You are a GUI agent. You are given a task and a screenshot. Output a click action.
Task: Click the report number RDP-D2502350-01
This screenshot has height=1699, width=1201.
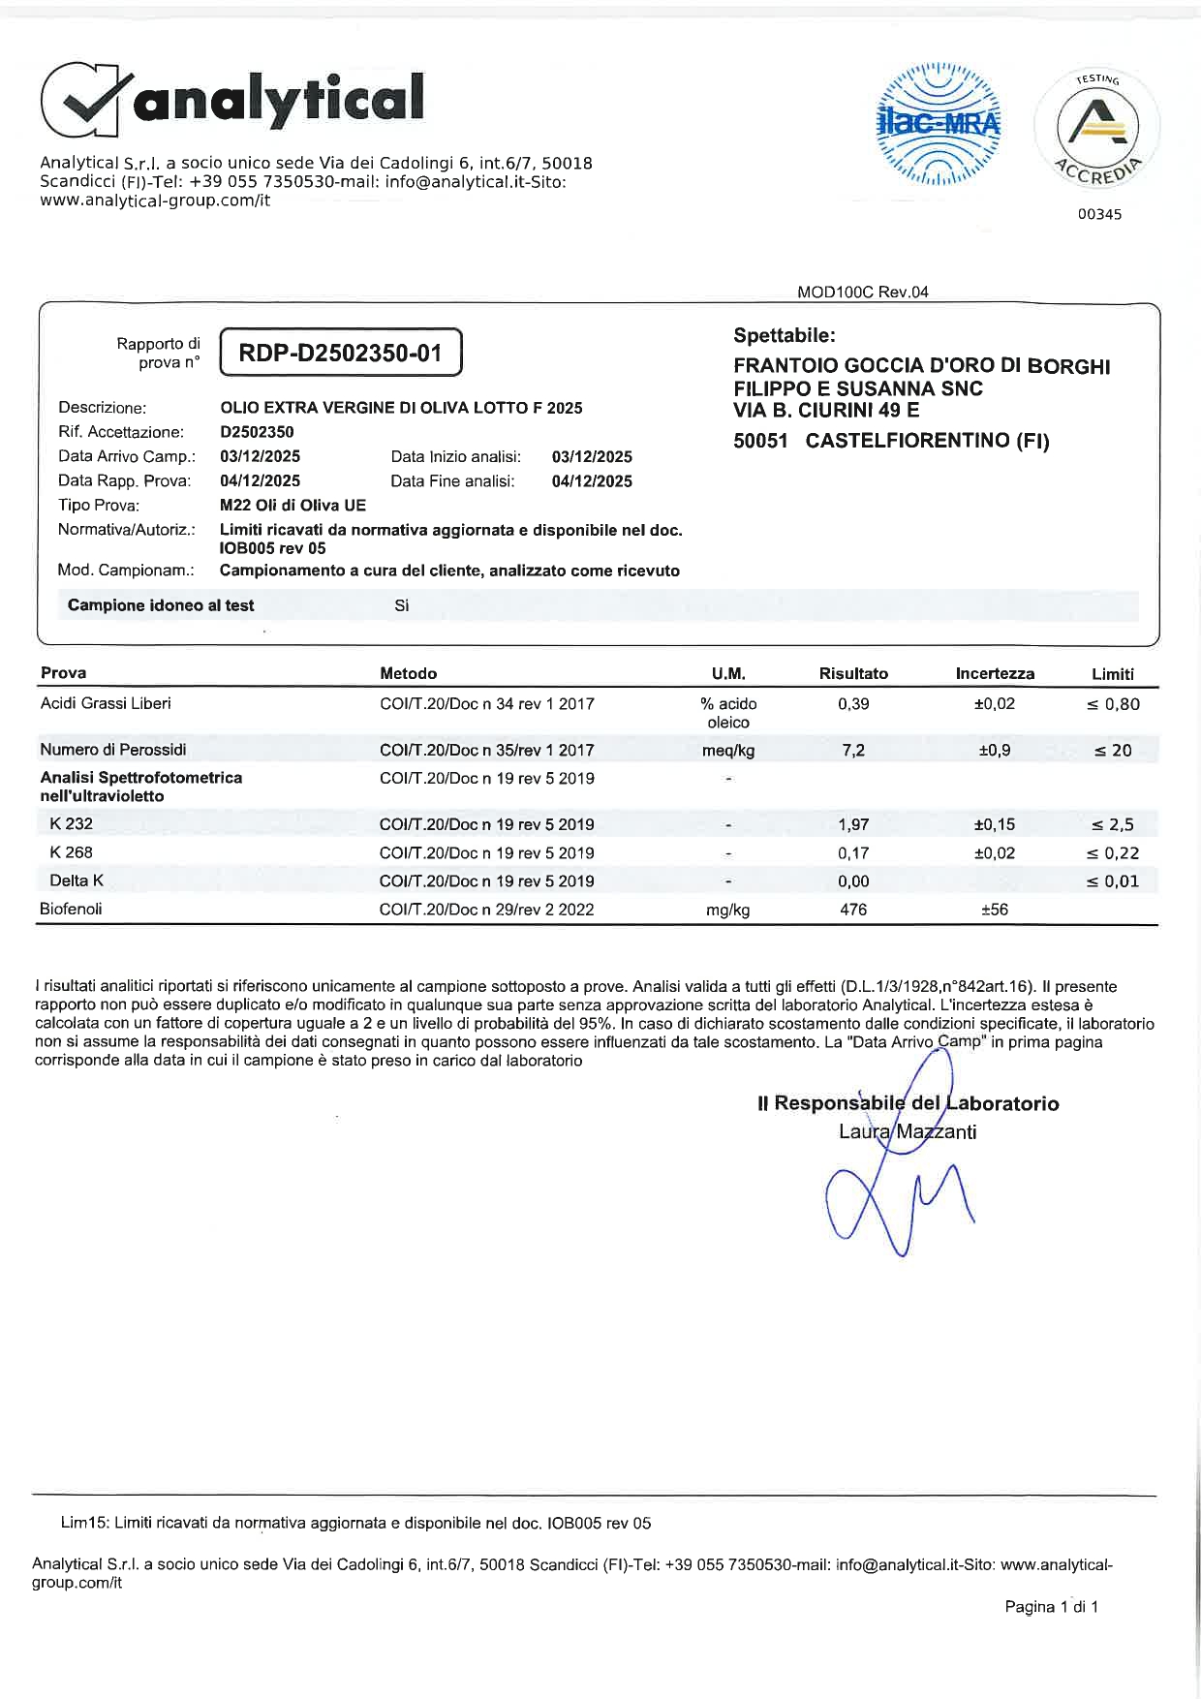click(x=340, y=353)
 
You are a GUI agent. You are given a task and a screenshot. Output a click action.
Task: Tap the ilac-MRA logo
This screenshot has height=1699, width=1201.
click(x=938, y=124)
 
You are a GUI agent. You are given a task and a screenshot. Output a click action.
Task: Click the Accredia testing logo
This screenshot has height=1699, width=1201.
click(x=1097, y=127)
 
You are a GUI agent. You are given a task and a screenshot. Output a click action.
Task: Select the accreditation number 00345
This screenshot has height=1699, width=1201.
click(x=1099, y=214)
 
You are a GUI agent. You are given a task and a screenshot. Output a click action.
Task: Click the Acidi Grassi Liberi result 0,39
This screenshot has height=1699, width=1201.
click(x=853, y=704)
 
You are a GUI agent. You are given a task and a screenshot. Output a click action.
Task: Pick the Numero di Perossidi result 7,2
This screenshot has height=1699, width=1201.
click(x=853, y=751)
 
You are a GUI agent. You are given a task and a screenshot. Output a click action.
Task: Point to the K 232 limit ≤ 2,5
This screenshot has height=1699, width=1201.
click(x=1113, y=825)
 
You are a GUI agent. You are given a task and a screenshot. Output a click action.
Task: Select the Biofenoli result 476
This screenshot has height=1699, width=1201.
click(x=853, y=910)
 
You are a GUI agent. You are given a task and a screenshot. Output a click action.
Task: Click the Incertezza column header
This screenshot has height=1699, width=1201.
click(x=995, y=674)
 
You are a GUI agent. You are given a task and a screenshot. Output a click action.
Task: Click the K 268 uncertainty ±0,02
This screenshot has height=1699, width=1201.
click(x=995, y=853)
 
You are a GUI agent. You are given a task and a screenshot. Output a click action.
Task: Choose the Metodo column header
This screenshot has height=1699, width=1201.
click(x=408, y=674)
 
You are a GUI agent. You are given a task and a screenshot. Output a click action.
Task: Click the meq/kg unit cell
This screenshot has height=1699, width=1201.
click(x=728, y=751)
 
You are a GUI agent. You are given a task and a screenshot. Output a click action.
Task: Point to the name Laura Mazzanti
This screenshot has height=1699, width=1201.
click(x=908, y=1131)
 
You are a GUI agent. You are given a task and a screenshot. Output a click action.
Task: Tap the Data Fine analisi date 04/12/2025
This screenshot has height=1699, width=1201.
click(x=592, y=481)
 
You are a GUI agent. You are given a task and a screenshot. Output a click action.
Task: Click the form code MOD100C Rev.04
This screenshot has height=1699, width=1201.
click(x=862, y=293)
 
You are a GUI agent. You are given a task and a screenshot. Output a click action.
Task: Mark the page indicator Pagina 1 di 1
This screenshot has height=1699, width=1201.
click(x=1051, y=1607)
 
